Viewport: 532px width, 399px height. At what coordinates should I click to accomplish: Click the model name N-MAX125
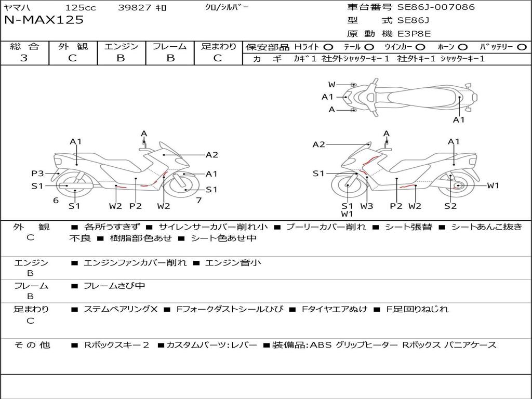click(x=44, y=20)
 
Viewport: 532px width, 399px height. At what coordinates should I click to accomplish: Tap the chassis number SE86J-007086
click(x=436, y=7)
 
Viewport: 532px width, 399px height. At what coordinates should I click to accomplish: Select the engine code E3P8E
click(x=414, y=34)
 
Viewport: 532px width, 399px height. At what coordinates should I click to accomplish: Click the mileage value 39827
click(x=135, y=7)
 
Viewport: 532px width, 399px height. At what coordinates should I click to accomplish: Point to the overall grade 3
click(x=24, y=58)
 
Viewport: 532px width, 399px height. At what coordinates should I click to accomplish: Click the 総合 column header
click(x=24, y=46)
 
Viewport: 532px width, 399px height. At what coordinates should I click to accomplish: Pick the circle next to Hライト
click(x=328, y=47)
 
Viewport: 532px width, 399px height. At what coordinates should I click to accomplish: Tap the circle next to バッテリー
click(x=522, y=47)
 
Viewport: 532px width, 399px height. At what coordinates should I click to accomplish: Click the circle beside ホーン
click(x=462, y=47)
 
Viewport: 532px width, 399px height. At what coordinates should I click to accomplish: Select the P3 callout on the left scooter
click(x=37, y=174)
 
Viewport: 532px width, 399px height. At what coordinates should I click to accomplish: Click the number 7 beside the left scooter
click(x=199, y=200)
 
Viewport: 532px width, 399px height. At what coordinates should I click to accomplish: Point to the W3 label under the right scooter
click(x=366, y=206)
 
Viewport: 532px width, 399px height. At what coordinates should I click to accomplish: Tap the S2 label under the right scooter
click(x=450, y=206)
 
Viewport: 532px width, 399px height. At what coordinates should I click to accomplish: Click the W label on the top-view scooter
click(x=331, y=85)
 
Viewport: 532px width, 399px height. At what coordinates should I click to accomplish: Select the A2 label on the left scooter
click(x=212, y=155)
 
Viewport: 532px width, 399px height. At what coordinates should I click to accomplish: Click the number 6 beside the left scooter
click(x=56, y=200)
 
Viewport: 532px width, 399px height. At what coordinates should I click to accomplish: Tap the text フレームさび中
click(x=114, y=286)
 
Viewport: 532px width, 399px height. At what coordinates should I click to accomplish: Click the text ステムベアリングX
click(x=121, y=309)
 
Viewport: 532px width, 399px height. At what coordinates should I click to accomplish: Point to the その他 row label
click(x=32, y=345)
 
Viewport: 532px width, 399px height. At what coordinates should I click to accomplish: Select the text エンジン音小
click(x=233, y=262)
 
